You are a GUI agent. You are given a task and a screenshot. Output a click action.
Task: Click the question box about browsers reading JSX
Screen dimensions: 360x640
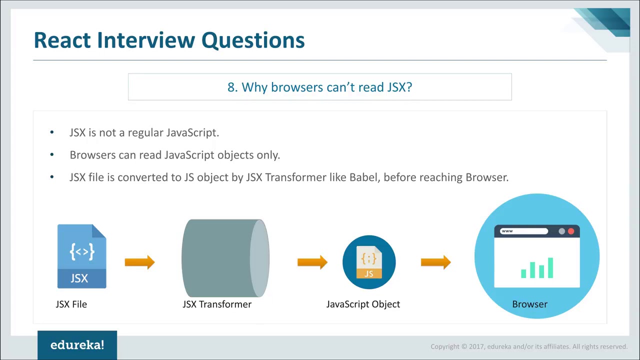[319, 87]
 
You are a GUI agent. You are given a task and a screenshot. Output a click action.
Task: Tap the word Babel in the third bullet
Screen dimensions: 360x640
[363, 177]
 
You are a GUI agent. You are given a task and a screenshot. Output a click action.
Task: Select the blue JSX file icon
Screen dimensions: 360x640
[81, 256]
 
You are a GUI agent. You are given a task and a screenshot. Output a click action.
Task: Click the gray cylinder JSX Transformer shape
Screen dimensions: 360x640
[225, 258]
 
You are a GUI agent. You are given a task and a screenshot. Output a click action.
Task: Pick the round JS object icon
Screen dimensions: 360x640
[369, 262]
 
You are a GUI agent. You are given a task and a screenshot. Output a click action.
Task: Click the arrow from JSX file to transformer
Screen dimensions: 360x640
[139, 262]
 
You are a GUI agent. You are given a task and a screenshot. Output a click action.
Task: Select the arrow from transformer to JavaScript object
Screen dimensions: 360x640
[312, 262]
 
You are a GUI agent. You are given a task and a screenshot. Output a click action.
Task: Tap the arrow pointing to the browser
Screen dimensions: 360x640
[435, 262]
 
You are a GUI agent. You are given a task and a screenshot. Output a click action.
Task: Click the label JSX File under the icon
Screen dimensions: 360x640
[71, 304]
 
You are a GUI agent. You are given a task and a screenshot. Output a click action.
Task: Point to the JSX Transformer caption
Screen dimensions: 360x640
[217, 304]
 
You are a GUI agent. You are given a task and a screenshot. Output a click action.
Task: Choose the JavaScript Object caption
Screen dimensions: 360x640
[363, 304]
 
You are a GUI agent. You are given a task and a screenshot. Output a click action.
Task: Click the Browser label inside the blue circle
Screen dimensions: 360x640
[529, 304]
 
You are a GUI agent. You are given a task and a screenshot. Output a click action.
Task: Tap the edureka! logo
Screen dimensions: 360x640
[77, 345]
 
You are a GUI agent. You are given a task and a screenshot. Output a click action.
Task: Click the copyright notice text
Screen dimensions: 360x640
[528, 346]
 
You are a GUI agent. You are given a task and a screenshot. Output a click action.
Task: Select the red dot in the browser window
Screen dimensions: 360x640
[571, 231]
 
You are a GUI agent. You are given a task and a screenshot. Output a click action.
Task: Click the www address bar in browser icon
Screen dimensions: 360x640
[523, 231]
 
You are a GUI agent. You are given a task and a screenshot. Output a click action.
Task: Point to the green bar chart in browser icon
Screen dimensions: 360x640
[537, 268]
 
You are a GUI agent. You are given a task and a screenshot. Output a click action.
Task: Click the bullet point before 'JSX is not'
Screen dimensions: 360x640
[52, 132]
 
